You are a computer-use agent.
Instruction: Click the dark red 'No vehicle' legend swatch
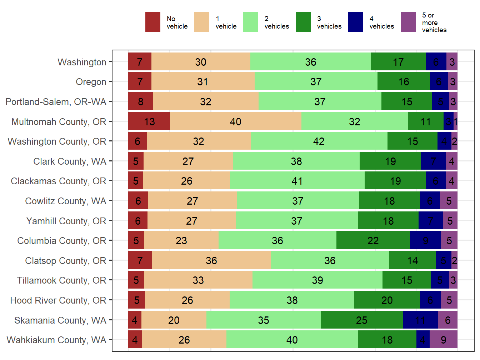tap(152, 22)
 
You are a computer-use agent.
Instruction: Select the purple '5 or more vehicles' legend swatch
tap(408, 22)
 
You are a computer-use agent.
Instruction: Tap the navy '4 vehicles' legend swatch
tap(356, 22)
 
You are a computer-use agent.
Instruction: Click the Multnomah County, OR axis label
tap(59, 122)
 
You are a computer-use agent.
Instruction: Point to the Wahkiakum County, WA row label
tap(56, 340)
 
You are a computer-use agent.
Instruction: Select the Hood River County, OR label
tap(58, 300)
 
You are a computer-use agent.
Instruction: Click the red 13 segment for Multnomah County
tap(149, 122)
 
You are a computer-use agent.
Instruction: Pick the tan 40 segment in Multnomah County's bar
tap(235, 122)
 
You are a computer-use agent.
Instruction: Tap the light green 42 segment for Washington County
tap(319, 141)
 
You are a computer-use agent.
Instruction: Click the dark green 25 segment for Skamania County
tap(361, 320)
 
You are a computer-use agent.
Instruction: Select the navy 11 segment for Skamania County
tap(420, 320)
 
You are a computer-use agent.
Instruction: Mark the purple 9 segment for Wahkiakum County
tap(443, 340)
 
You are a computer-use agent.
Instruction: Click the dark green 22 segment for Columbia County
tap(373, 241)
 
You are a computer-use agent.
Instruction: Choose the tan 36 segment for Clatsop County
tap(211, 261)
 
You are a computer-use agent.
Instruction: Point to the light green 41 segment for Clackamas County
tap(297, 181)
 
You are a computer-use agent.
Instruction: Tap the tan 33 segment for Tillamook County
tap(198, 280)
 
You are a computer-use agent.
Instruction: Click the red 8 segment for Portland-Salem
tap(140, 102)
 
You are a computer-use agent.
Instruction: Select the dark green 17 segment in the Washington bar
tap(398, 62)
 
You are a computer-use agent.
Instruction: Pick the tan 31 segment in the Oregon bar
tap(202, 82)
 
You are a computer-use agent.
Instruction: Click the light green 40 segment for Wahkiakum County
tap(292, 340)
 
